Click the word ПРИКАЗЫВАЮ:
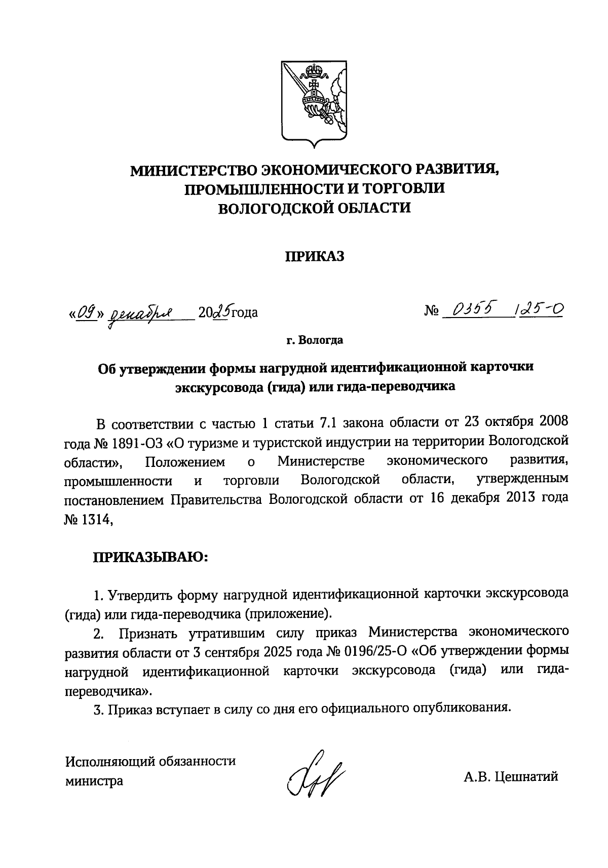click(x=150, y=558)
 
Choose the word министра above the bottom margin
click(x=94, y=781)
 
